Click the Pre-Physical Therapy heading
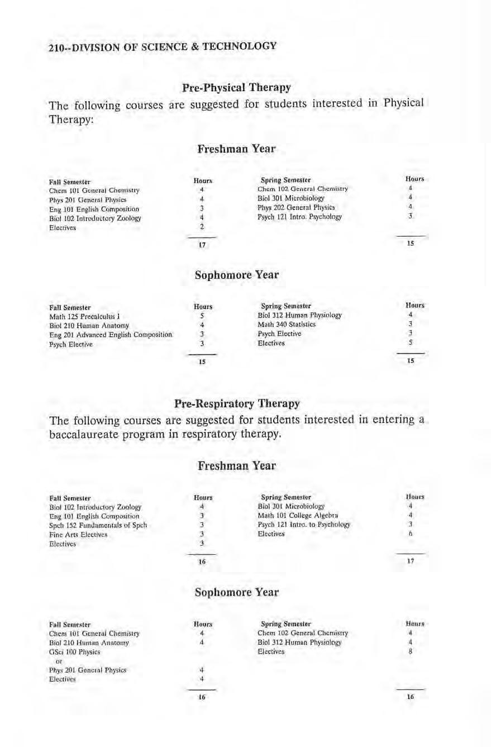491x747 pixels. (236, 88)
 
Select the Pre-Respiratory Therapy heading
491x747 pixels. (236, 403)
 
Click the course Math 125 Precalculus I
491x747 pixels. (82, 316)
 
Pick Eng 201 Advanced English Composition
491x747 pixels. (111, 335)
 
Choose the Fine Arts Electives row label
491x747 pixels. (78, 535)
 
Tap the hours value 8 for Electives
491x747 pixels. (410, 652)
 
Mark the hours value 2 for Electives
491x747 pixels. (203, 227)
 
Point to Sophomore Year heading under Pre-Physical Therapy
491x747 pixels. (236, 275)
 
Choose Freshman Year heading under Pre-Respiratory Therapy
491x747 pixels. (236, 465)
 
